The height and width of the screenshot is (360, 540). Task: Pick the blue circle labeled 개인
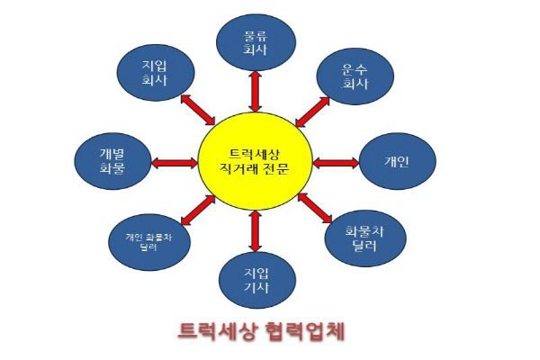pos(397,163)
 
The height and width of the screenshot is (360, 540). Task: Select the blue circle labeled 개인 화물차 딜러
pos(147,241)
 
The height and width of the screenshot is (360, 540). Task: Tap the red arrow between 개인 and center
pos(337,163)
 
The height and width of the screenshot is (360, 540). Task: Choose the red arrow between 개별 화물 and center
pos(175,163)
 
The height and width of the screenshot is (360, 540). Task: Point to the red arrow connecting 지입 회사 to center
pos(196,111)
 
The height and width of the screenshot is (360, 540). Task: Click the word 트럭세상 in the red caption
pos(212,330)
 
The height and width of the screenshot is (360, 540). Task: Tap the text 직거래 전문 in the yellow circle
pos(255,168)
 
